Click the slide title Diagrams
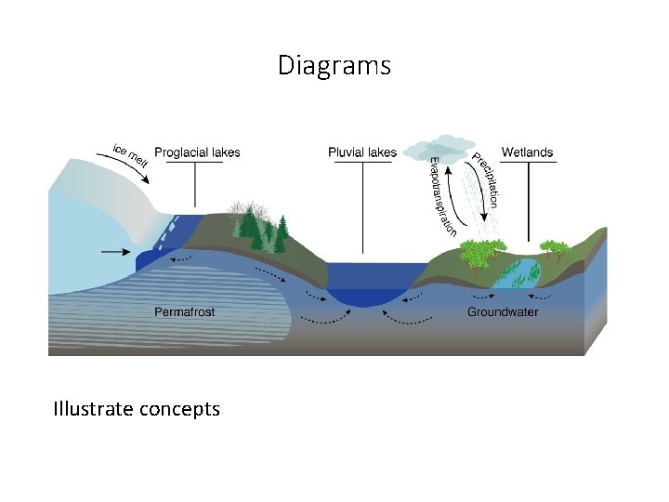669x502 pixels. [x=334, y=66]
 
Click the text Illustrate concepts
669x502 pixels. [x=137, y=408]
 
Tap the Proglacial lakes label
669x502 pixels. [x=196, y=152]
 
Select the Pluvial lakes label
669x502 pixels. [x=361, y=152]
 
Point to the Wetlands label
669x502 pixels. [x=527, y=152]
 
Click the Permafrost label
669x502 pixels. [x=184, y=312]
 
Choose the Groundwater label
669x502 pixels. [x=502, y=312]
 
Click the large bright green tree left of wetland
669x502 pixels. [x=483, y=253]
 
